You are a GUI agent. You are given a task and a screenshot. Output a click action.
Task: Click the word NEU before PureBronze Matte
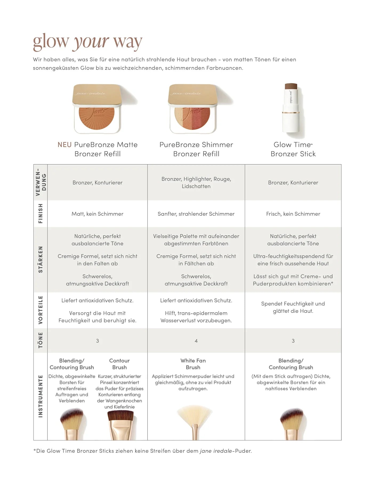pos(64,145)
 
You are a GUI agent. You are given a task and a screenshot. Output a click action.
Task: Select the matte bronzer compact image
pos(97,109)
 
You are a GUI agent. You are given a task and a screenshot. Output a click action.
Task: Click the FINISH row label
pos(40,214)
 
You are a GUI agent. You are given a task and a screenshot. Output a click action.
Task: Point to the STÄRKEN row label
pos(40,259)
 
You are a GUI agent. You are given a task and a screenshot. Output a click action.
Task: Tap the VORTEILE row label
pos(40,310)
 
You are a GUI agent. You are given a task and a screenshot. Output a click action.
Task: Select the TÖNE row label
pos(40,340)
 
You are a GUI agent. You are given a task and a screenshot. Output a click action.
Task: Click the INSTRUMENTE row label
pos(40,396)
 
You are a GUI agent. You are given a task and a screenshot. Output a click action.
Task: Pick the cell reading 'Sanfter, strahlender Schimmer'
pos(196,214)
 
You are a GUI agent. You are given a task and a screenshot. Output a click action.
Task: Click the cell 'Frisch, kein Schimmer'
pos(293,214)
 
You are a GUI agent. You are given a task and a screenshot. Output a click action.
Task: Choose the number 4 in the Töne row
pos(196,341)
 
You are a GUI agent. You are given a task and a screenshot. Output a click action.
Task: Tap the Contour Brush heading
pos(119,364)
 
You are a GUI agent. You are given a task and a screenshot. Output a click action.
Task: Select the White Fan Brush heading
pos(193,364)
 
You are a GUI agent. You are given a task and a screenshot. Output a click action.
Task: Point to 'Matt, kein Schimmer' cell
pos(98,214)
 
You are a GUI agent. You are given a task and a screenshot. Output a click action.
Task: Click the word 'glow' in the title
pos(51,42)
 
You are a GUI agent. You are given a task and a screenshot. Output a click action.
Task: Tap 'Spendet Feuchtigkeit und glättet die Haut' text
pos(293,307)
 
